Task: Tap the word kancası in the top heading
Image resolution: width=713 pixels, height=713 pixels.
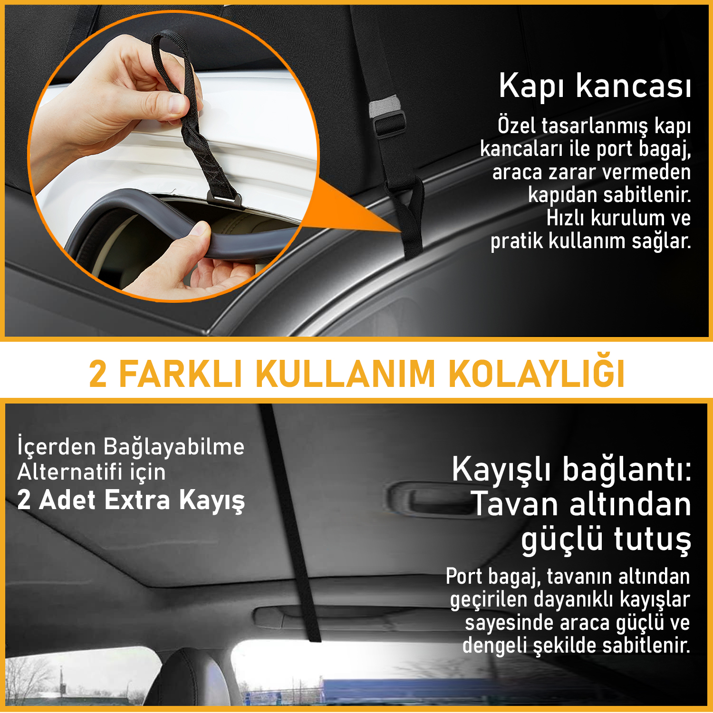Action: click(x=634, y=87)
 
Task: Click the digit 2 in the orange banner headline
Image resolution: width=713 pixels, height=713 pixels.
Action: click(x=98, y=375)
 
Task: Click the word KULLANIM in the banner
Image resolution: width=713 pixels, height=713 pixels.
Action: click(x=346, y=375)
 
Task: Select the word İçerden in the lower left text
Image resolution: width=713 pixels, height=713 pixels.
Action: click(x=57, y=447)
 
